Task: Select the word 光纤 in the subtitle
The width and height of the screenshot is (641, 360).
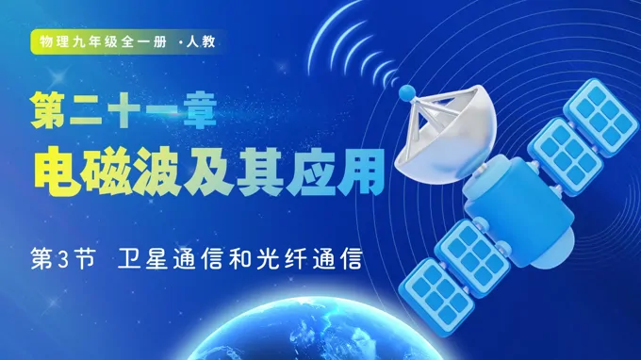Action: click(x=283, y=256)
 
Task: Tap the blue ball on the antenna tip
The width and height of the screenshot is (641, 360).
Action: click(x=408, y=92)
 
